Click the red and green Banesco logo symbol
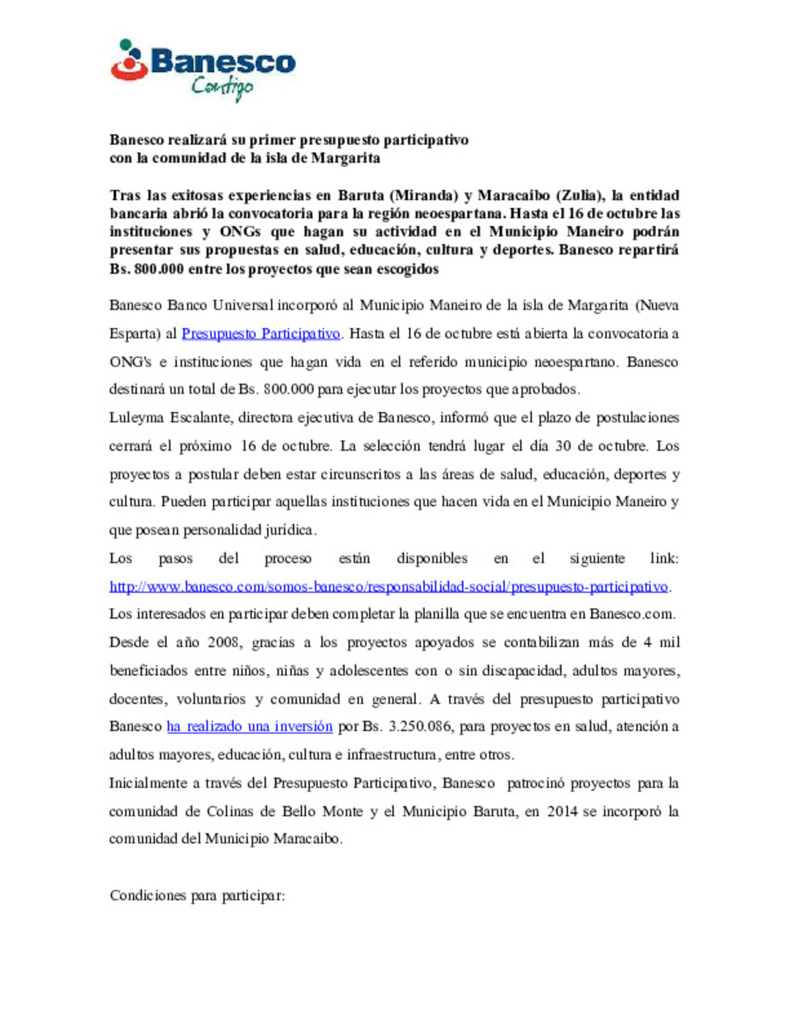click(x=129, y=61)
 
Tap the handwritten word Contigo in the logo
click(x=222, y=87)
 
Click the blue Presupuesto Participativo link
click(x=260, y=334)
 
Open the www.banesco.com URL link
click(x=388, y=586)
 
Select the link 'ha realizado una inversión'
click(x=249, y=727)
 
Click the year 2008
click(x=224, y=642)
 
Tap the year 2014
click(x=562, y=812)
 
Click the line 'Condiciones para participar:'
click(x=197, y=896)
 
